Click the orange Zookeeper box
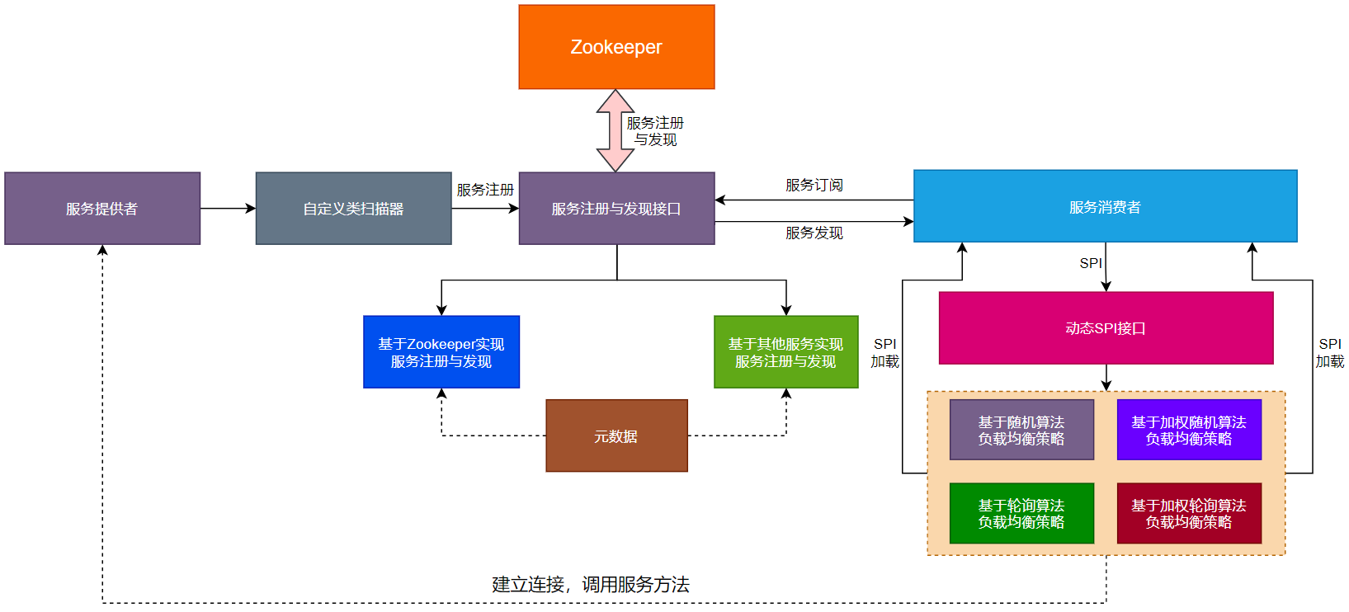coord(616,47)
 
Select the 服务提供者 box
coord(102,209)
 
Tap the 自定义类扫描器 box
coord(353,209)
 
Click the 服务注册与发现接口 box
coord(616,209)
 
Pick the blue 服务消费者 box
coord(1105,206)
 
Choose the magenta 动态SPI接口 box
coord(1106,328)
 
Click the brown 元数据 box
coord(616,435)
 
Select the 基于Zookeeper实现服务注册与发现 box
coord(441,352)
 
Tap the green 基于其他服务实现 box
coord(785,352)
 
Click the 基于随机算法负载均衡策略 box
coord(1021,430)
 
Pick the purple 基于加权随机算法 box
coord(1189,430)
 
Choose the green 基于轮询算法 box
coord(1021,513)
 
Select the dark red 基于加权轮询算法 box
coord(1189,513)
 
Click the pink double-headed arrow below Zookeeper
coord(616,130)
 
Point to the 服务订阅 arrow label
coord(814,186)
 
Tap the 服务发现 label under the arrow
coord(814,233)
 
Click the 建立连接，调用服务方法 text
coord(591,585)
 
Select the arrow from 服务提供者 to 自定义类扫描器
coord(228,209)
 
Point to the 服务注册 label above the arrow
coord(485,190)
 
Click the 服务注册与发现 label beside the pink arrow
coord(655,131)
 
